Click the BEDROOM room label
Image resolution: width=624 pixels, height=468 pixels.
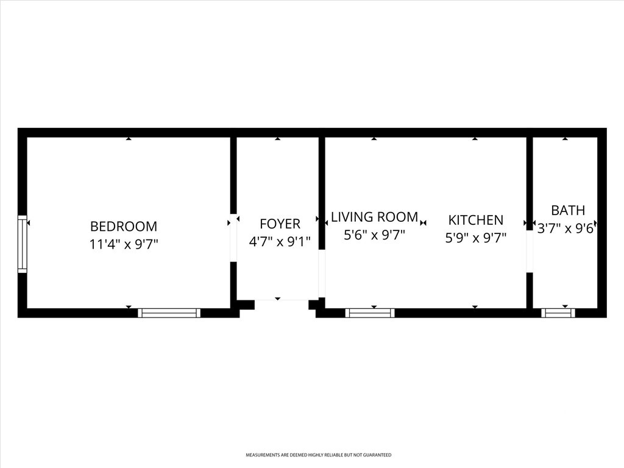point(124,226)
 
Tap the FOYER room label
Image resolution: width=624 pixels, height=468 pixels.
point(280,224)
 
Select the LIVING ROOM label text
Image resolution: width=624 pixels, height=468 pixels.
point(375,217)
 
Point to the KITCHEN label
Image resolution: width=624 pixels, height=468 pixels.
point(475,219)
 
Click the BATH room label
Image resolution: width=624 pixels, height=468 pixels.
point(568,210)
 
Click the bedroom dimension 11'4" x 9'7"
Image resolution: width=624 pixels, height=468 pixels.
point(124,244)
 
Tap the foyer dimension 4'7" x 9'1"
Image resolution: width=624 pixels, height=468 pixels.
point(280,241)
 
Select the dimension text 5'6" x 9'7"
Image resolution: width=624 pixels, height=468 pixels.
point(375,235)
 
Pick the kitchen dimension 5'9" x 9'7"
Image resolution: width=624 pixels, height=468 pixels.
point(475,238)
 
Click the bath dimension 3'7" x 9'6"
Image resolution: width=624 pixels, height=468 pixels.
point(567,228)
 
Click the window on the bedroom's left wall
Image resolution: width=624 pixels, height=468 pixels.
point(23,244)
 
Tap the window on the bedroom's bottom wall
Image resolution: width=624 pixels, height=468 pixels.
point(169,313)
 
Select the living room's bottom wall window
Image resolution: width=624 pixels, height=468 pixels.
point(370,313)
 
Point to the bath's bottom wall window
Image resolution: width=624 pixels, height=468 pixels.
point(558,313)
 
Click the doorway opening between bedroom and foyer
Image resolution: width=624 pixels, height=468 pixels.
point(233,238)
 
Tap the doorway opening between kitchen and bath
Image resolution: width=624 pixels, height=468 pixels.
point(530,251)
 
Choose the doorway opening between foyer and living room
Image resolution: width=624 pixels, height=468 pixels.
point(322,274)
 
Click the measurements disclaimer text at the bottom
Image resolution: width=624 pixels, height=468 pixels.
point(318,455)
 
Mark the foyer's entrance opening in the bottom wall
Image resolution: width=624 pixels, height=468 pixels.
point(282,305)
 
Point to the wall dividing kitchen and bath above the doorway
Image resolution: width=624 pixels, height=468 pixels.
point(530,183)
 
